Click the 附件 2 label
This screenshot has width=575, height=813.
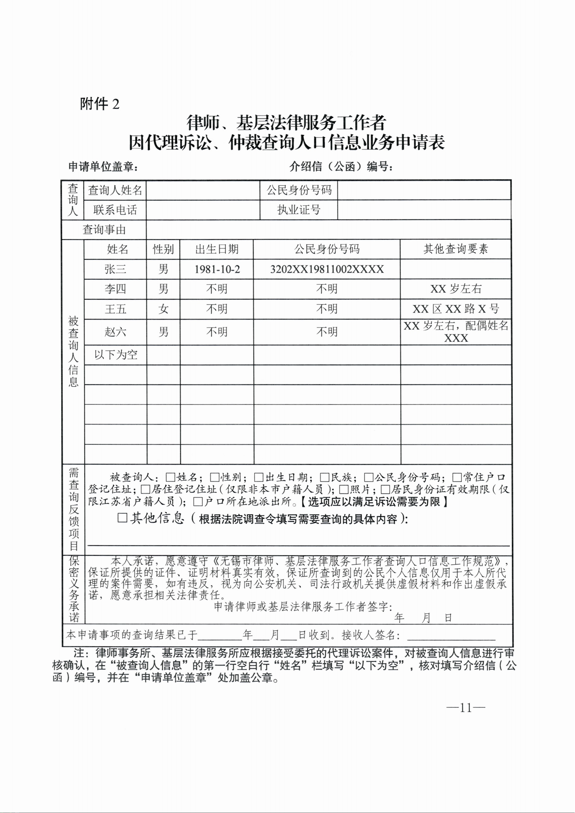tap(100, 104)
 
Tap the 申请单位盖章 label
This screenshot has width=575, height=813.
tap(103, 166)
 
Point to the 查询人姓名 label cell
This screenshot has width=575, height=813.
tap(115, 190)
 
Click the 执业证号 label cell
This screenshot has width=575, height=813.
tap(298, 210)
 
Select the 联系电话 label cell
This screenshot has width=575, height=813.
tap(115, 210)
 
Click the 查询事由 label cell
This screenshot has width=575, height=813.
tap(104, 230)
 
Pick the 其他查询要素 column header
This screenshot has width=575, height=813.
tap(455, 249)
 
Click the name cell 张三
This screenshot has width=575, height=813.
tap(115, 269)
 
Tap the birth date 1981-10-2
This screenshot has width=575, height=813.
tap(217, 269)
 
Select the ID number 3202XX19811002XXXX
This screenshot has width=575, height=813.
tap(326, 269)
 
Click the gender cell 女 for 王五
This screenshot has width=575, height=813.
tap(163, 309)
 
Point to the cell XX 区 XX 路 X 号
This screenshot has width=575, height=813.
tap(455, 309)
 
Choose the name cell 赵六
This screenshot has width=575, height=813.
tap(115, 332)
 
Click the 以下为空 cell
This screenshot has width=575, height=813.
tap(115, 355)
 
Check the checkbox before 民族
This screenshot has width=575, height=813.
tap(324, 477)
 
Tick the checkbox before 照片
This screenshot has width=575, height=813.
tap(344, 490)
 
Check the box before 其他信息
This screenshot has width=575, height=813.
tap(122, 518)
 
